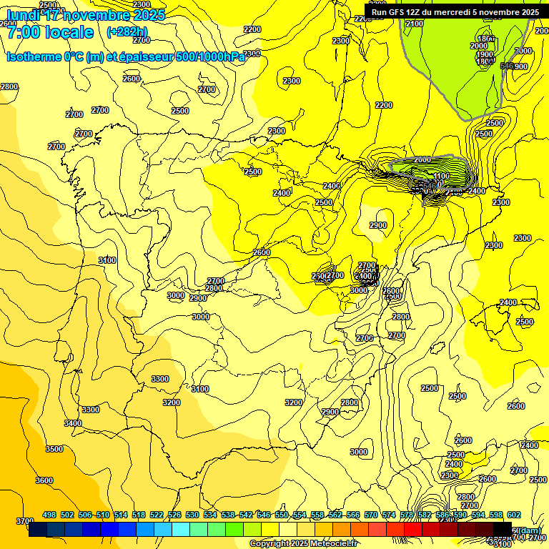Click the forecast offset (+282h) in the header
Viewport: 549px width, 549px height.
[127, 31]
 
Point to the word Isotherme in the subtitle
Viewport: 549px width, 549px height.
[33, 56]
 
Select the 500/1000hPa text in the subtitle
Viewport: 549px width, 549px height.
[213, 56]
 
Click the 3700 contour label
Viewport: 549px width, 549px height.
[24, 521]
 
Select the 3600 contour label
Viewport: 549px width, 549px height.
[44, 480]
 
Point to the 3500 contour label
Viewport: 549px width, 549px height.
[54, 449]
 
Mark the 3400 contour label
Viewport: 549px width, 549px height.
[73, 423]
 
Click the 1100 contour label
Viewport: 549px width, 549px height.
[441, 176]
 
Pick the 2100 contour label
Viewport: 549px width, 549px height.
[414, 24]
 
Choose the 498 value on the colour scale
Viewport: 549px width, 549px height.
[49, 515]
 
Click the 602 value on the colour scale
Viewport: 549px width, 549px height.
[513, 515]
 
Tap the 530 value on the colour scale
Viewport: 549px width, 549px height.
[192, 515]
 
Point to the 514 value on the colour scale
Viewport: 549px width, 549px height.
[121, 515]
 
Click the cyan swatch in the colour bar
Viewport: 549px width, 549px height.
[181, 529]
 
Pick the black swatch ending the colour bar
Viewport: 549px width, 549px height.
[503, 529]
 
